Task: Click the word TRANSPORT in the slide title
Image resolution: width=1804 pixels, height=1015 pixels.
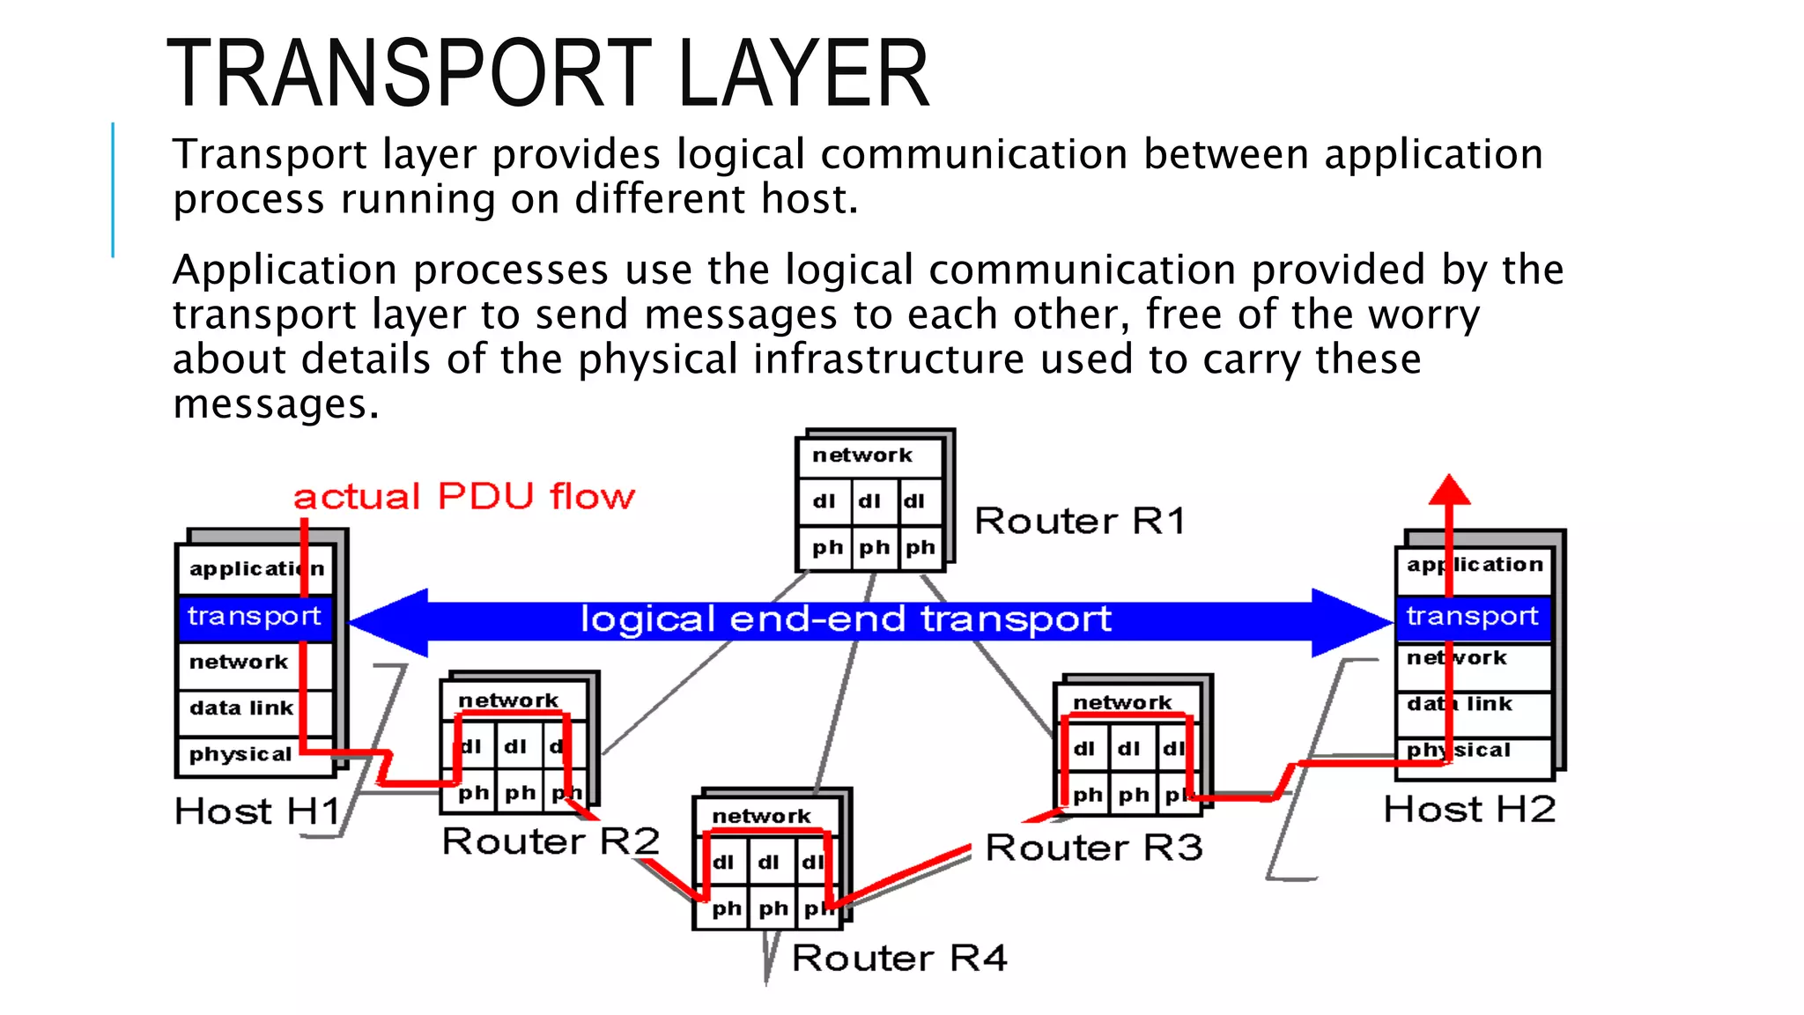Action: (409, 74)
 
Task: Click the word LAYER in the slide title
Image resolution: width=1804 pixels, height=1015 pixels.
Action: (803, 74)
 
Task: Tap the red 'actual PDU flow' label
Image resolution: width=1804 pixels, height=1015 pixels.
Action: (464, 497)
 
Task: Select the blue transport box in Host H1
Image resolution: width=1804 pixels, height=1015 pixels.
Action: (255, 616)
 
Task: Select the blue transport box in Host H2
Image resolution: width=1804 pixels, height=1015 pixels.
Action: (1472, 616)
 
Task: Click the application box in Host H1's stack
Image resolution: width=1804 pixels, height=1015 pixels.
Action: (255, 568)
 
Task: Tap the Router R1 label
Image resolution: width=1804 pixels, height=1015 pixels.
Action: (1080, 521)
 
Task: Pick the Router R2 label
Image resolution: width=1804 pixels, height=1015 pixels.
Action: (551, 841)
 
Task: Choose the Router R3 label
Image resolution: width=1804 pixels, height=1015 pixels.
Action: (1094, 848)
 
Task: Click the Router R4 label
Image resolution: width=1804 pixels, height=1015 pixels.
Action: (899, 958)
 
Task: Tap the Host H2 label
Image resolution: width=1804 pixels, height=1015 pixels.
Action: (1469, 809)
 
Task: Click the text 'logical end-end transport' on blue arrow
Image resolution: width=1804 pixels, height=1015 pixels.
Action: (846, 619)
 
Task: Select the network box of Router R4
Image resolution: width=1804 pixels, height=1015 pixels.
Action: (762, 816)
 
